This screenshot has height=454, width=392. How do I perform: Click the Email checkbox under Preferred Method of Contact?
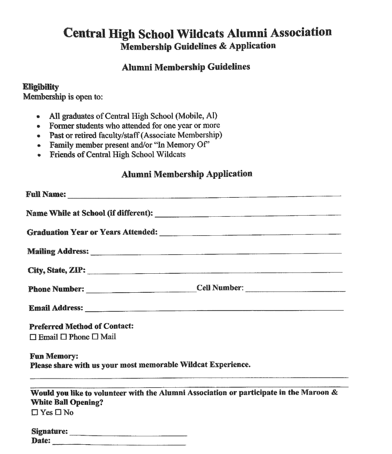(x=33, y=337)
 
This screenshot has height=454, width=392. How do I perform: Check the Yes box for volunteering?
(x=34, y=413)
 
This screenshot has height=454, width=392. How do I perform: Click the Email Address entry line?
(x=213, y=308)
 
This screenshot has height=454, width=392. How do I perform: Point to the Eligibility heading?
(x=41, y=87)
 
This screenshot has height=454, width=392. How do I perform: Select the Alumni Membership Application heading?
(x=187, y=174)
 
